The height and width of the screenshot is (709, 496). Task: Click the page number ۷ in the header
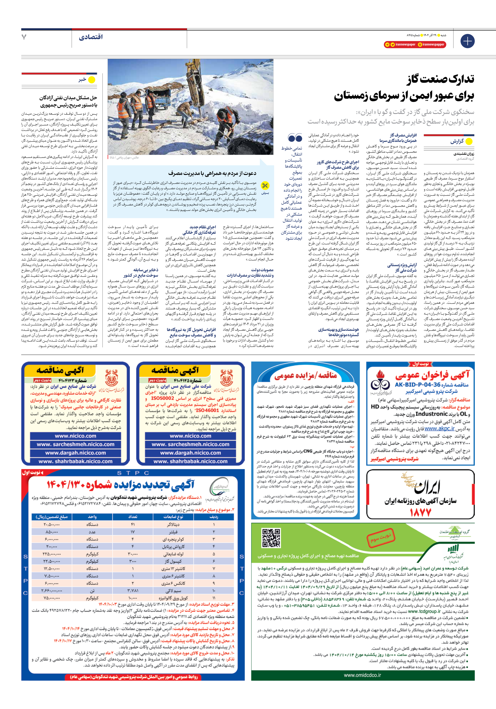[24, 37]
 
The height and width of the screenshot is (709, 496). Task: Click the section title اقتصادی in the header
[90, 37]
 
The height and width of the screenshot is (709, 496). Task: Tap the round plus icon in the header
[467, 41]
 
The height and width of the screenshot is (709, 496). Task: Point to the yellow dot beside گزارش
[469, 142]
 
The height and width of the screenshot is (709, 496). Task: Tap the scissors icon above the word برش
[265, 186]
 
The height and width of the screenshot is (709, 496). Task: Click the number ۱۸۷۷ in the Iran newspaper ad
[420, 512]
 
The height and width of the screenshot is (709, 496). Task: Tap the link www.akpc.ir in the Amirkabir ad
[439, 429]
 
